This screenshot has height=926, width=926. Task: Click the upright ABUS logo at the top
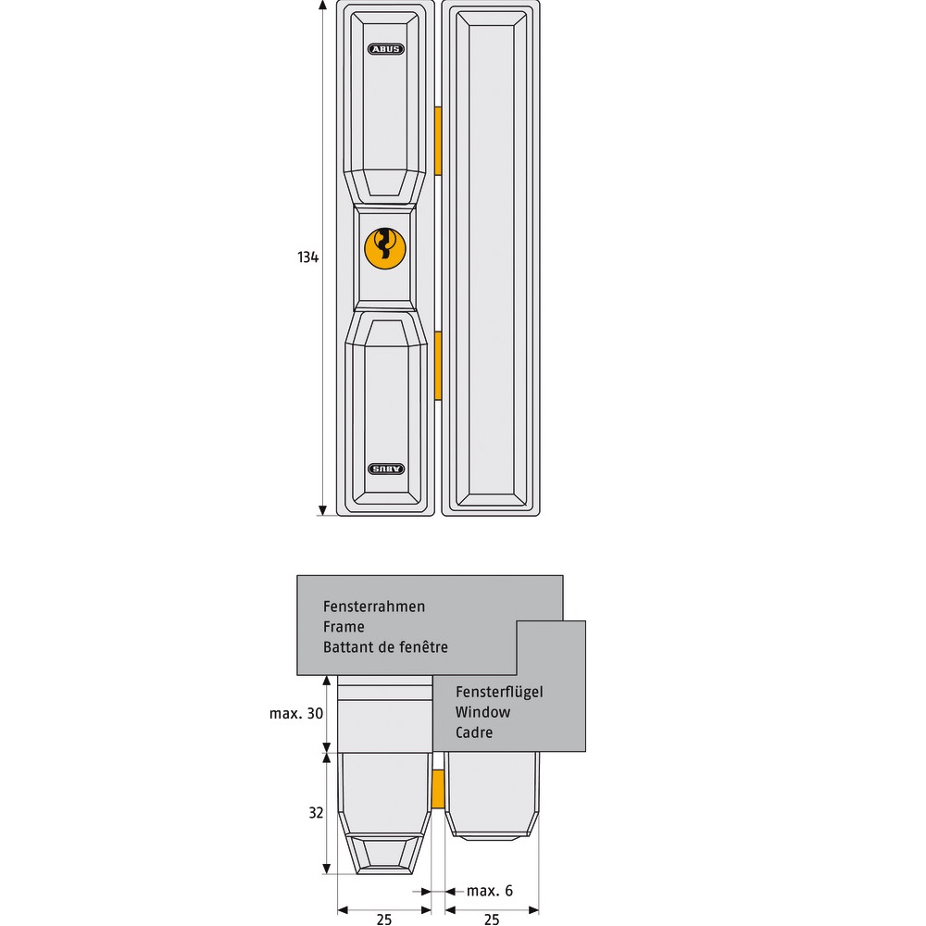(385, 49)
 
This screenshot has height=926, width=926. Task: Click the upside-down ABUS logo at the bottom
(386, 469)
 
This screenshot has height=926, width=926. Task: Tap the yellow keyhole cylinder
(385, 248)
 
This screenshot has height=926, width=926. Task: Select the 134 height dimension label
(307, 257)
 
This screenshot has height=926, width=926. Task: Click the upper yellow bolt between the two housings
(438, 141)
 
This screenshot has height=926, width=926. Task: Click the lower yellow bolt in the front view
(438, 366)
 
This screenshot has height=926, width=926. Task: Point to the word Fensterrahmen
(374, 607)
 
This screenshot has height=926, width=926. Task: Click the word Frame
(344, 627)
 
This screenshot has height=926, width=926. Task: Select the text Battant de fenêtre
(385, 647)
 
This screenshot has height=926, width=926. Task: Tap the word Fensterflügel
(499, 692)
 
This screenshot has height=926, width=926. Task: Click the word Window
(482, 712)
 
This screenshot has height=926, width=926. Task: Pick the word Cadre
(474, 732)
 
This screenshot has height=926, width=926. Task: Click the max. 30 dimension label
(296, 714)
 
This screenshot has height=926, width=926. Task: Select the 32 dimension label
(316, 813)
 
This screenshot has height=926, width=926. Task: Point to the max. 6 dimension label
(490, 891)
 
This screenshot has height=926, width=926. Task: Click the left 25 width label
(384, 919)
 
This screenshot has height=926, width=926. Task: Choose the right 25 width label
(492, 919)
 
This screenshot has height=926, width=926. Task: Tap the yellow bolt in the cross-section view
(438, 788)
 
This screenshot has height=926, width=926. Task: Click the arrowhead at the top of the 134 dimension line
(322, 6)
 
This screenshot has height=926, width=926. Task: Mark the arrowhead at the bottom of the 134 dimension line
(322, 510)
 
